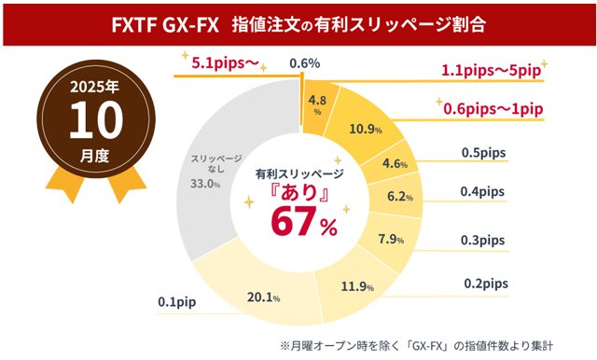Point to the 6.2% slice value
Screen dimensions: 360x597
tap(398, 198)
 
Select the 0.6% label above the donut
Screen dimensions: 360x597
tap(299, 63)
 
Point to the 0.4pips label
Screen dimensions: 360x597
tap(483, 191)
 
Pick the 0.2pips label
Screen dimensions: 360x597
tap(483, 284)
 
